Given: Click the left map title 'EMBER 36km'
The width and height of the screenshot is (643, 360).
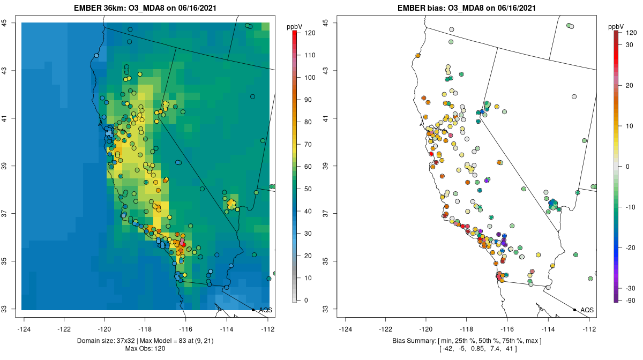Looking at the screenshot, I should click(x=96, y=8).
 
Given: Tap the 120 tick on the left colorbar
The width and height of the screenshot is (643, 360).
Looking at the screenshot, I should click(x=309, y=33).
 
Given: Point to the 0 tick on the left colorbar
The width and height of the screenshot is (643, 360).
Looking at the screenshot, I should click(x=306, y=300).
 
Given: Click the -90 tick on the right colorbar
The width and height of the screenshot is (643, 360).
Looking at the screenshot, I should click(x=631, y=300).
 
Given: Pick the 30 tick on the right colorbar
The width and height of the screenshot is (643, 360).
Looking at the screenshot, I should click(x=631, y=45).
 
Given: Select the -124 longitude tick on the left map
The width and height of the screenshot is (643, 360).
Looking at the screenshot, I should click(x=24, y=328).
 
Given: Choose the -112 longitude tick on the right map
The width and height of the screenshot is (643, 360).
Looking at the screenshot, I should click(x=589, y=328).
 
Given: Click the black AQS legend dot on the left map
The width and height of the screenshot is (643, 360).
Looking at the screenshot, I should click(x=253, y=310).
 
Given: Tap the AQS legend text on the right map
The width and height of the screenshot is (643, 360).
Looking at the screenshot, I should click(x=587, y=310).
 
